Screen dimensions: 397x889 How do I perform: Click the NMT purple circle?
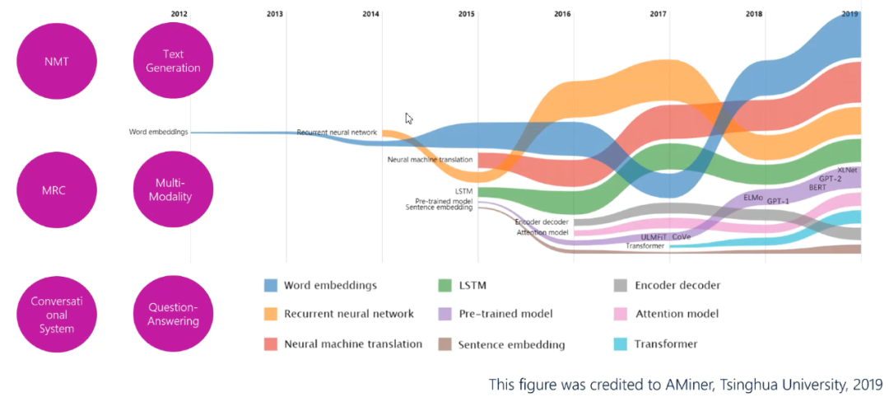point(58,62)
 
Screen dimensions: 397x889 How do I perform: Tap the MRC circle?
point(58,189)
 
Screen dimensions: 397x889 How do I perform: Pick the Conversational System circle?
point(58,314)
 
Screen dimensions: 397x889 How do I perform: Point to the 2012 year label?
point(179,14)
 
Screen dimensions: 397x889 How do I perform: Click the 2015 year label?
point(467,14)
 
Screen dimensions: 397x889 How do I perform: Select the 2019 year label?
point(850,14)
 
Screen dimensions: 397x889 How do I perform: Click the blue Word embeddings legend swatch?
point(270,286)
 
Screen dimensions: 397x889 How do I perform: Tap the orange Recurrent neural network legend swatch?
point(270,314)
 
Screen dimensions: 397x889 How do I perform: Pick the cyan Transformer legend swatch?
point(621,343)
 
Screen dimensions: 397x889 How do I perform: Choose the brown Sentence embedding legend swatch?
point(445,344)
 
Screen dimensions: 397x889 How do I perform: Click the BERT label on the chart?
point(817,188)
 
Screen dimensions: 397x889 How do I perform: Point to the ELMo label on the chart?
point(753,198)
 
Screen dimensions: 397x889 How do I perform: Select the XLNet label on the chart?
point(847,170)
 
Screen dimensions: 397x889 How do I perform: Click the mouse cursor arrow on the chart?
point(408,118)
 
